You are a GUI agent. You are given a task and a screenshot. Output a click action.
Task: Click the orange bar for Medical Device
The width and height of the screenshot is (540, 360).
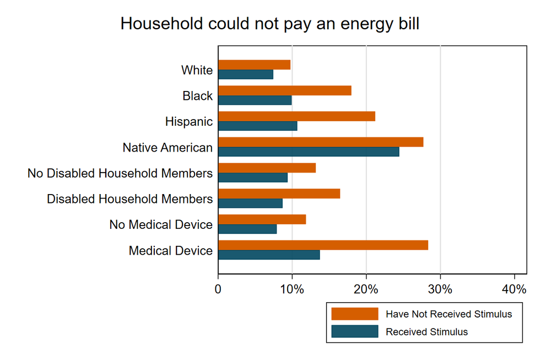(323, 245)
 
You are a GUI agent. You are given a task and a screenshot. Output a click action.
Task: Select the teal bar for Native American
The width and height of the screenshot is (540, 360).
(309, 152)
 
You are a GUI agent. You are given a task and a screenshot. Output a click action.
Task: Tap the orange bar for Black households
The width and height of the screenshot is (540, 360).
(285, 90)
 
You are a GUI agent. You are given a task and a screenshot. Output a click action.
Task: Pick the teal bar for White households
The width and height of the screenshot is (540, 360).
(246, 74)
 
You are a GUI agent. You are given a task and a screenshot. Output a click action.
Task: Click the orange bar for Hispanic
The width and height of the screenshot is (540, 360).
(296, 116)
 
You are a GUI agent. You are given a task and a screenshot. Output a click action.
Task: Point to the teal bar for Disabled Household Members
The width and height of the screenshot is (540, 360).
(250, 203)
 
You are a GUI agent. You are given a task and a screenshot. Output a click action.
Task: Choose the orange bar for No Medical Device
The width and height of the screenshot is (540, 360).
(262, 219)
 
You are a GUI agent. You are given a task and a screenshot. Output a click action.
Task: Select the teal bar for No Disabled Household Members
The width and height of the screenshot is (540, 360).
(253, 178)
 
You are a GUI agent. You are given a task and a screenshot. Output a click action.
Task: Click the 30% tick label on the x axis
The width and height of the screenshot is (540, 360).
(440, 289)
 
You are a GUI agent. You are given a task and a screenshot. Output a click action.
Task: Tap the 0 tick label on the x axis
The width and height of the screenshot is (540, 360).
(218, 289)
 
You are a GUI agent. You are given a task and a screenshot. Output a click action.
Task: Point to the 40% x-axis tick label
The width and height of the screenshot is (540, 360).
(514, 289)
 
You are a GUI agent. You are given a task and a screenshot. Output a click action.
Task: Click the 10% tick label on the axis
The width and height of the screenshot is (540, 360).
(292, 289)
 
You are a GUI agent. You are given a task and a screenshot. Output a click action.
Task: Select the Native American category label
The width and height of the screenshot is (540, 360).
(168, 148)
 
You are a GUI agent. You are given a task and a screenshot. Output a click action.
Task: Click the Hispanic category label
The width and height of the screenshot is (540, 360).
(189, 122)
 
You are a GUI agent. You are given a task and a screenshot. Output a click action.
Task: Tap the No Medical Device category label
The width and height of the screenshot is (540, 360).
(161, 224)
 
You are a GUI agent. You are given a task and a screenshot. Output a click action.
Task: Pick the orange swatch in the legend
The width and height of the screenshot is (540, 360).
(355, 314)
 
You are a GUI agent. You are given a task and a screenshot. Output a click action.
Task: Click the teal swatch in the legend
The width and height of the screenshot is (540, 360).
(355, 331)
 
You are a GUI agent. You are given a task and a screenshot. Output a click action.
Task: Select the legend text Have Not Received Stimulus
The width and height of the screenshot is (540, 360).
(449, 314)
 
